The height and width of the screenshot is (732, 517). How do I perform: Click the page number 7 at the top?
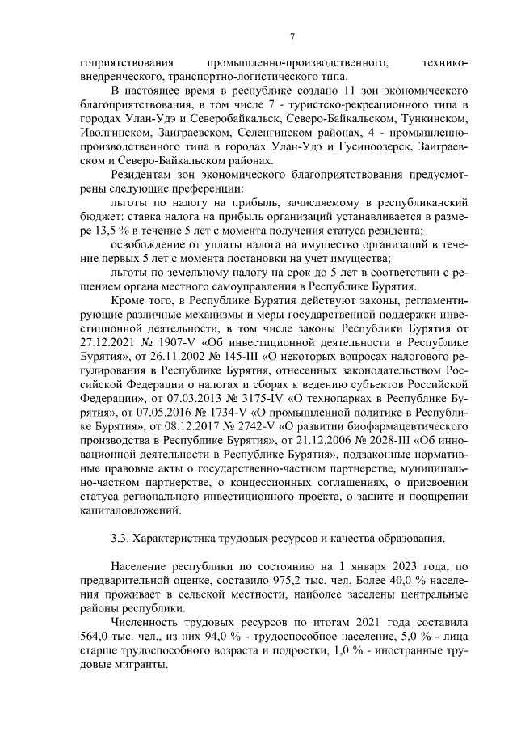coord(292,36)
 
